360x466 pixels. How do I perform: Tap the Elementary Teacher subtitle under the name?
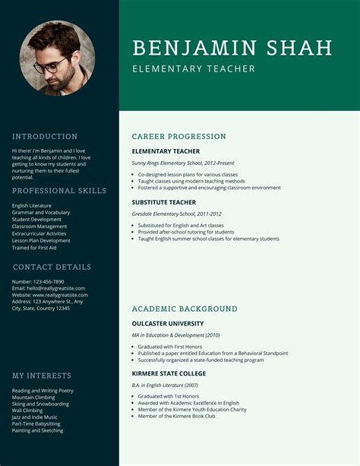193,69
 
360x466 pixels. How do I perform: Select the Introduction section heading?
45,137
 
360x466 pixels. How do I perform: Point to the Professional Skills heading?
59,191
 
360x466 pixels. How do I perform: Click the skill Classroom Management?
39,227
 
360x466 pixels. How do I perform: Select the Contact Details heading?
52,267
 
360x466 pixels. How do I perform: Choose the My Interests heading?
42,376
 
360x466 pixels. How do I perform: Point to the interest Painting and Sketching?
38,430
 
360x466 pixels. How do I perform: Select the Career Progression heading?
178,137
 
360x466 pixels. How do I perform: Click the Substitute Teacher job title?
163,203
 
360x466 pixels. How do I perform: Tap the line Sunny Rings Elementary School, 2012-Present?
183,163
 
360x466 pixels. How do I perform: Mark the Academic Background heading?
185,309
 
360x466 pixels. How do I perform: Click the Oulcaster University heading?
167,324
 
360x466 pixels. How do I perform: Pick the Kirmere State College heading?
169,374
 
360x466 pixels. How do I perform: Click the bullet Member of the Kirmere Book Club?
177,416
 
